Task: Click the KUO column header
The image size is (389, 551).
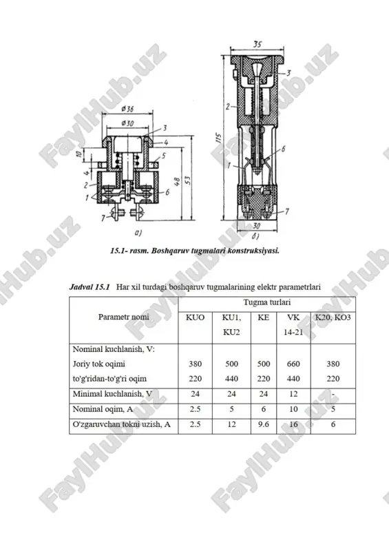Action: (x=195, y=318)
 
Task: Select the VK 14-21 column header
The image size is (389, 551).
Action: (x=293, y=324)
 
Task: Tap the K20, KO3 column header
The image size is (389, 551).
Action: (x=333, y=318)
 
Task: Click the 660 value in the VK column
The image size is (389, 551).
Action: (x=293, y=364)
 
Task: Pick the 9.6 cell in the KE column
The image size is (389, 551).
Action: (x=263, y=424)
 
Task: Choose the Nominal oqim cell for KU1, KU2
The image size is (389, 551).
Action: (x=231, y=409)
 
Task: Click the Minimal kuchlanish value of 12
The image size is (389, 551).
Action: (x=293, y=394)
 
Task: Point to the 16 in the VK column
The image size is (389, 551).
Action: (x=293, y=424)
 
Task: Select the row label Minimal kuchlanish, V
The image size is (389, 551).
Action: (x=112, y=394)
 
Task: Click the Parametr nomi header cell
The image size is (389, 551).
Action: (x=124, y=317)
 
